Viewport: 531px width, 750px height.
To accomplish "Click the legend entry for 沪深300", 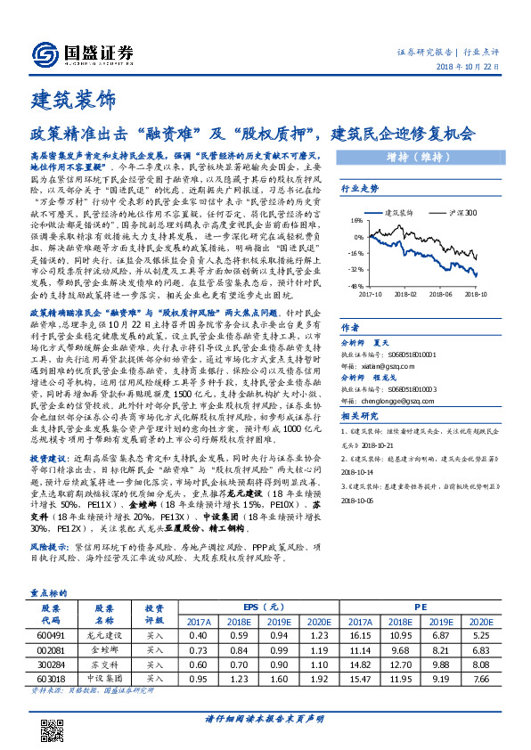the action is point(460,213).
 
